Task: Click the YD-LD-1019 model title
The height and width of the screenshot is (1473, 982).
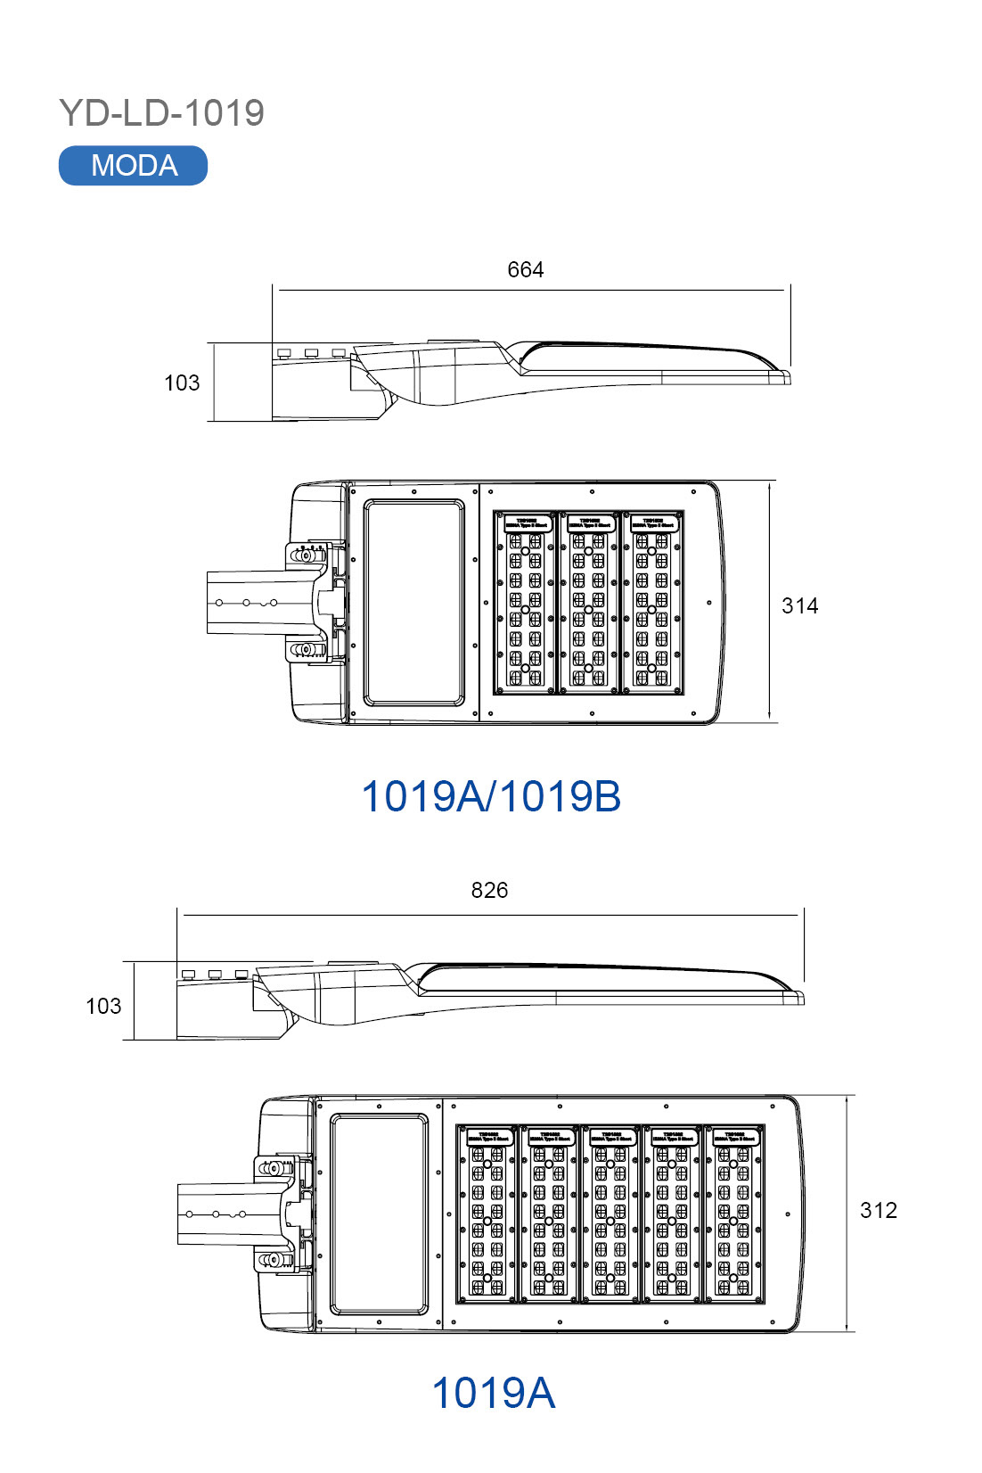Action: tap(161, 113)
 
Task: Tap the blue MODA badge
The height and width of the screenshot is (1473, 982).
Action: tap(133, 166)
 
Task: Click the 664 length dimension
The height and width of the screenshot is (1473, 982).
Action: tap(525, 269)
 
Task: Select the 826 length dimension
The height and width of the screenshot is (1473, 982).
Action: tap(489, 890)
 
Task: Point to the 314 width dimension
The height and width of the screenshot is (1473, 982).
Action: tap(799, 606)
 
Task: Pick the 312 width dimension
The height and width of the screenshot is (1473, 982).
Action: tap(878, 1210)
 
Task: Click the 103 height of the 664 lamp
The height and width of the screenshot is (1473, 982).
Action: tap(181, 383)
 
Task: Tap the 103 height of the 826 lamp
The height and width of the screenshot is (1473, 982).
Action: tap(102, 1006)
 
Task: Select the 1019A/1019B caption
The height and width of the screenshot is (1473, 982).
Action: tap(490, 796)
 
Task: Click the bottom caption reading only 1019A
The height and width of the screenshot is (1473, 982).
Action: tap(493, 1393)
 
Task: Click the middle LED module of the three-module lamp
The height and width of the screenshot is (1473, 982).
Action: tap(589, 602)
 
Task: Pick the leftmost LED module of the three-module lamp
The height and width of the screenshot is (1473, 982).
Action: tap(526, 602)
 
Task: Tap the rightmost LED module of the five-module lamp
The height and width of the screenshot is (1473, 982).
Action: tap(734, 1213)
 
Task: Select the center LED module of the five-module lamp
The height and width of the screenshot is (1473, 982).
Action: tap(610, 1213)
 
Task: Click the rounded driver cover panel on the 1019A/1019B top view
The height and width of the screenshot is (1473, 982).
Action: tap(413, 602)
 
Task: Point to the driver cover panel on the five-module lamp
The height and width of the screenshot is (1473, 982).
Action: tap(379, 1214)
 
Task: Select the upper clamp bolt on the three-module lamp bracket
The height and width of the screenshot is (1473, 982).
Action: tap(306, 555)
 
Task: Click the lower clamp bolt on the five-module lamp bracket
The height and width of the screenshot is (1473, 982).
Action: tap(275, 1260)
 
